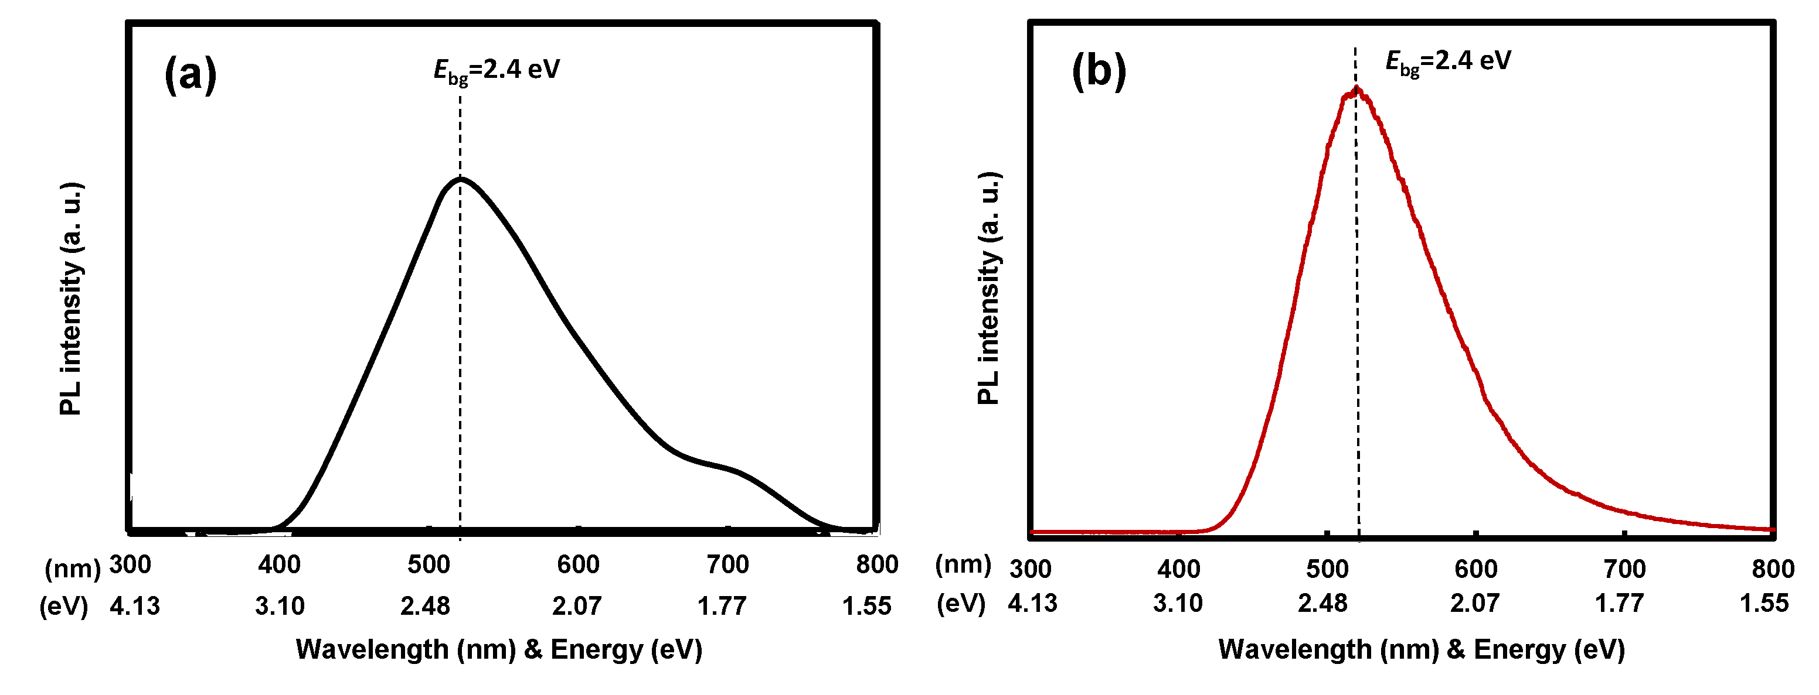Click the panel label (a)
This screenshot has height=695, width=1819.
click(x=190, y=74)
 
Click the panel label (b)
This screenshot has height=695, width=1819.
click(x=1098, y=71)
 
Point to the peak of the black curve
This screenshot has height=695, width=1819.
click(x=460, y=179)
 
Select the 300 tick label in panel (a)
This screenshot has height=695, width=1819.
click(x=130, y=564)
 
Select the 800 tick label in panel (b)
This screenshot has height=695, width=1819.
click(x=1772, y=569)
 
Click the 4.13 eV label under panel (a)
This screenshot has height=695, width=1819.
click(x=134, y=606)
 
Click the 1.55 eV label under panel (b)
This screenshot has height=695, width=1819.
click(x=1764, y=603)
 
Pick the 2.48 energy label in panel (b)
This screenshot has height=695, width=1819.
click(x=1322, y=603)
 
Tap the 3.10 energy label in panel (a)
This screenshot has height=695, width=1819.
click(x=280, y=606)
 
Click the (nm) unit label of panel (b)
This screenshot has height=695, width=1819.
click(x=963, y=564)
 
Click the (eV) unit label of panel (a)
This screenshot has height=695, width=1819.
click(x=63, y=606)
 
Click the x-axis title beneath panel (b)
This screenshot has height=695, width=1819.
click(x=1422, y=649)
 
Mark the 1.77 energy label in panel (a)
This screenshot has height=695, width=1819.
click(x=722, y=606)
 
